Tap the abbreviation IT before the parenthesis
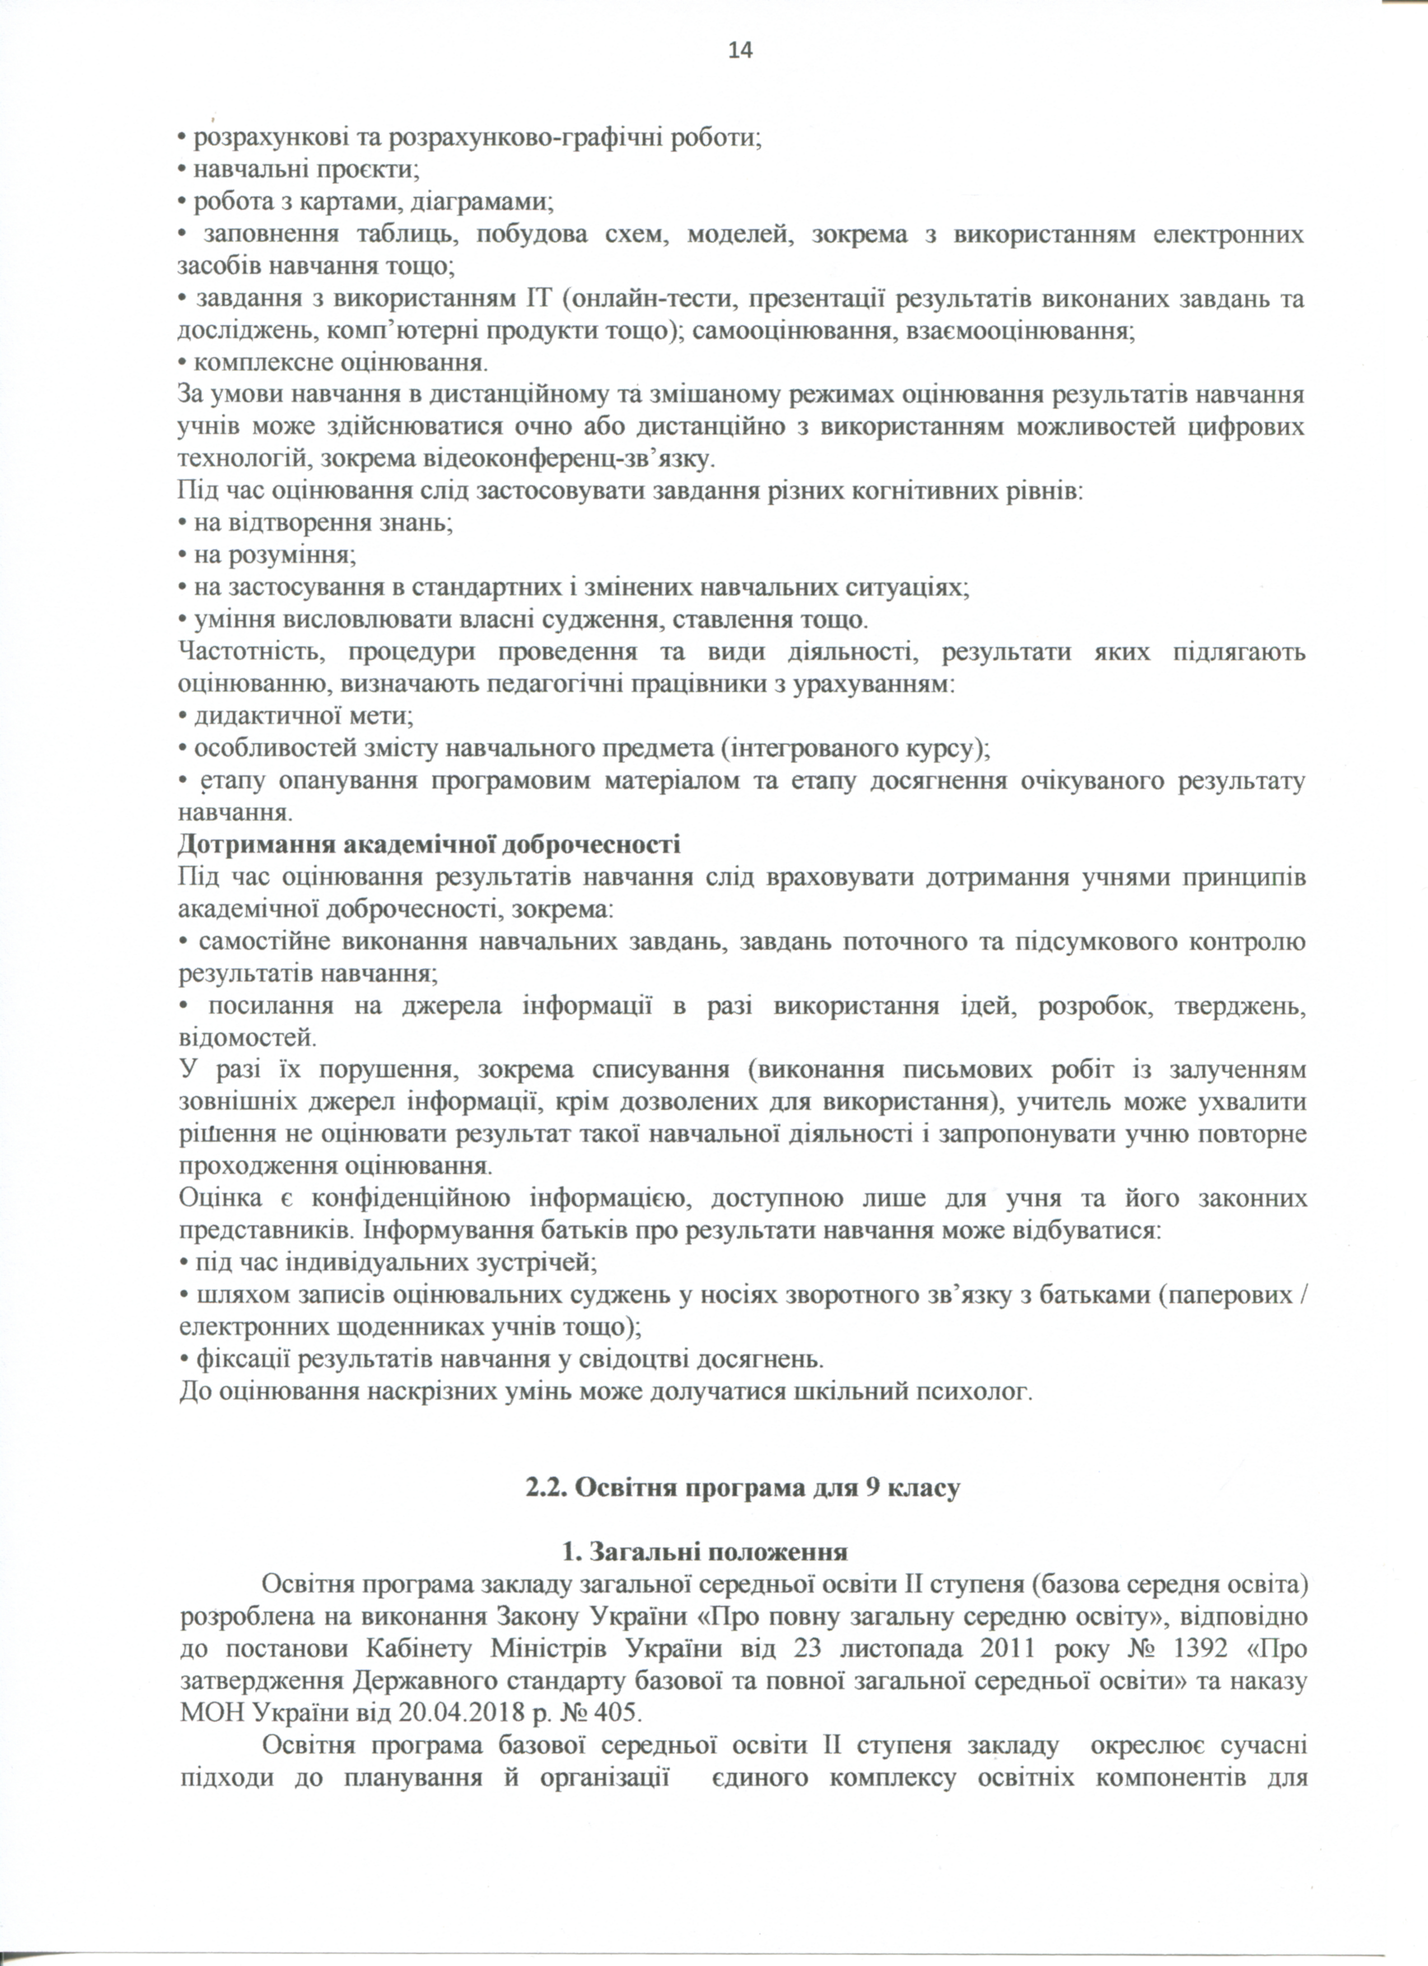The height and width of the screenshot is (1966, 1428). (x=537, y=300)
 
